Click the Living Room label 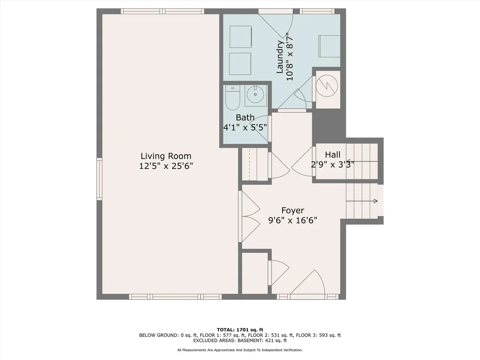[x=166, y=156]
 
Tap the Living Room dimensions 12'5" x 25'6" [x=166, y=166]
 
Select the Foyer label [x=293, y=211]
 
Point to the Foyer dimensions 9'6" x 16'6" [x=293, y=221]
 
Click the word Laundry [x=279, y=57]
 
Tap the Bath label [x=245, y=117]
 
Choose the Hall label [x=333, y=155]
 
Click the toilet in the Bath [x=233, y=97]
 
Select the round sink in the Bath [x=256, y=94]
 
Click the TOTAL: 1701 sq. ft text [x=240, y=330]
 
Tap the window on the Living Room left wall [x=100, y=179]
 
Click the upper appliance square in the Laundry [x=240, y=37]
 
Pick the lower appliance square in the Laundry [x=240, y=64]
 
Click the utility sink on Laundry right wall [x=329, y=46]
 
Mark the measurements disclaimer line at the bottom [x=240, y=350]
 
